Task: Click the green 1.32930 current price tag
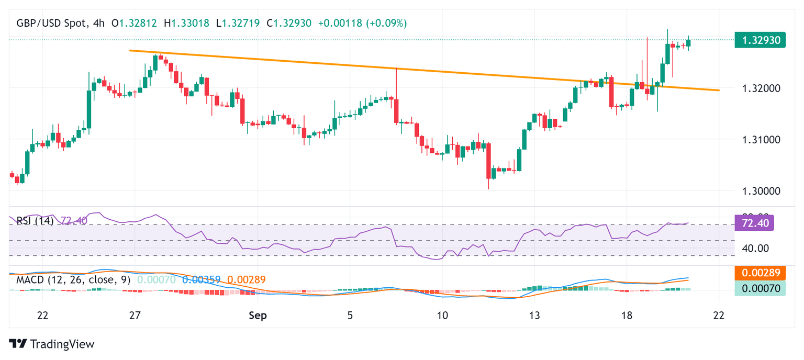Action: click(x=760, y=40)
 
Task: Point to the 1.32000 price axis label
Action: click(x=760, y=88)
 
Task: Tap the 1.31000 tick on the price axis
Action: click(x=760, y=140)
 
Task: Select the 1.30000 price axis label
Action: click(x=760, y=191)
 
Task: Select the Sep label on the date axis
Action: click(x=258, y=316)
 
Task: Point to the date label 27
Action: click(x=135, y=316)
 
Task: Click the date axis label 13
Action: click(x=534, y=316)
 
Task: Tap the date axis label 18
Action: click(x=627, y=316)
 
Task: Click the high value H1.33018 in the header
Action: click(x=186, y=24)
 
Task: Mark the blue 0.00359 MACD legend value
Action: click(x=202, y=280)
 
